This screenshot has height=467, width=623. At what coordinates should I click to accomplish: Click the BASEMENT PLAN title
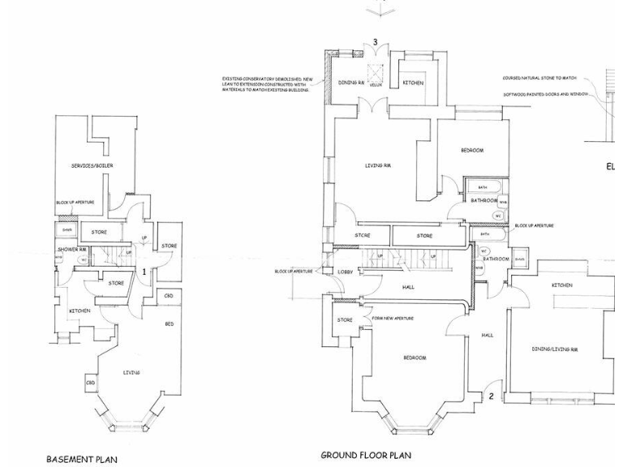[81, 459]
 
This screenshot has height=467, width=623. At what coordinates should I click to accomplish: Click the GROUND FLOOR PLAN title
[366, 456]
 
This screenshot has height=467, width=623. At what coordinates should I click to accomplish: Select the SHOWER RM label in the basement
[71, 249]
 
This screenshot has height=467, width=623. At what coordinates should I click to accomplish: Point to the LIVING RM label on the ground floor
[373, 165]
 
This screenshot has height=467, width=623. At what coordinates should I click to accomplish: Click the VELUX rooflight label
[376, 84]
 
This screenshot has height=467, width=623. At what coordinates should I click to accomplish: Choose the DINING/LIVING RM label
[555, 349]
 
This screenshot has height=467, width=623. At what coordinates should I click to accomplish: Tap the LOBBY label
[345, 272]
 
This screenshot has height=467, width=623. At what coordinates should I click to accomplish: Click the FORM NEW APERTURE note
[393, 319]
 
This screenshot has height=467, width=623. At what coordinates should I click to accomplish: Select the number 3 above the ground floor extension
[375, 42]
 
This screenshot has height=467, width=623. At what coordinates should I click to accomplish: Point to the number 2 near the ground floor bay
[491, 396]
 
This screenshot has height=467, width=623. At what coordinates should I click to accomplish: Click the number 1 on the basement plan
[144, 272]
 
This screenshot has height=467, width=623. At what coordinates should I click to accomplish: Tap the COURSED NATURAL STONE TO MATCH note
[539, 79]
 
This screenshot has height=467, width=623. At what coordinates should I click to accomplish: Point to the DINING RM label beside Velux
[351, 83]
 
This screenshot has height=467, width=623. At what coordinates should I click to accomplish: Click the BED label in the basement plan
[169, 323]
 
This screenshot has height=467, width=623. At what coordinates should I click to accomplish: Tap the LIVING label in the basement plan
[131, 372]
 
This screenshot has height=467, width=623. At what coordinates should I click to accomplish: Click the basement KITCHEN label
[79, 311]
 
